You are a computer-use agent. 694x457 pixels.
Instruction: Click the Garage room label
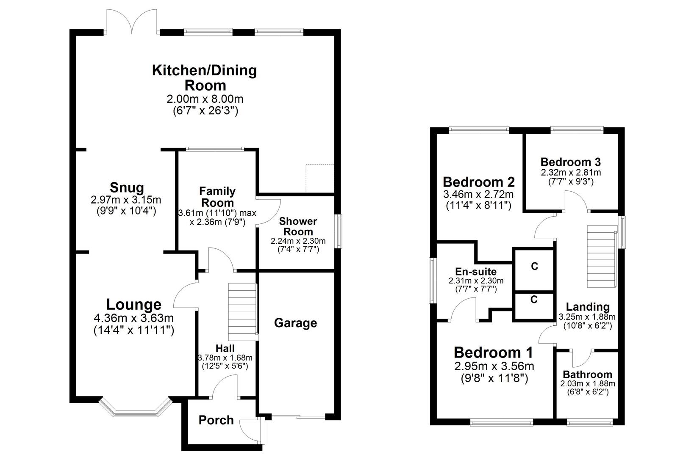[x=295, y=323]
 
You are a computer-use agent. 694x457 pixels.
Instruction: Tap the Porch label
[x=216, y=420]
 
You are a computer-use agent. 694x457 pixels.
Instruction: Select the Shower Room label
[x=298, y=227]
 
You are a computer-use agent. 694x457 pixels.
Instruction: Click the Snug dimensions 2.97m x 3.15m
[x=126, y=199]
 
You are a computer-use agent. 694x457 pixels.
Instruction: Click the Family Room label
[x=217, y=197]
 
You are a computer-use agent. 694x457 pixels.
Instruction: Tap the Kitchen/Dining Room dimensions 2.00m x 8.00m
[x=205, y=99]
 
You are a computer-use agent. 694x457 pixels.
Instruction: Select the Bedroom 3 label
[x=570, y=162]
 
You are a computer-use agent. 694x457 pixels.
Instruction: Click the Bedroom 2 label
[x=478, y=182]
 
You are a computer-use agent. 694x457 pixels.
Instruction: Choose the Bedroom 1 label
[x=493, y=352]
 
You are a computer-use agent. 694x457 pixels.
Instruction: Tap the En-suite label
[x=476, y=272]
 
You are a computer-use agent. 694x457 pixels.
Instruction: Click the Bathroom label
[x=587, y=374]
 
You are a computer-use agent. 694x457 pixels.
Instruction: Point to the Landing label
[x=588, y=307]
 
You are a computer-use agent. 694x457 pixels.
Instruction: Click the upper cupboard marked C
[x=534, y=267]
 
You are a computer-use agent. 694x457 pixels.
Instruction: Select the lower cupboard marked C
[x=534, y=300]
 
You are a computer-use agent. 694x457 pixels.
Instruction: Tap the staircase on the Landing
[x=601, y=256]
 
